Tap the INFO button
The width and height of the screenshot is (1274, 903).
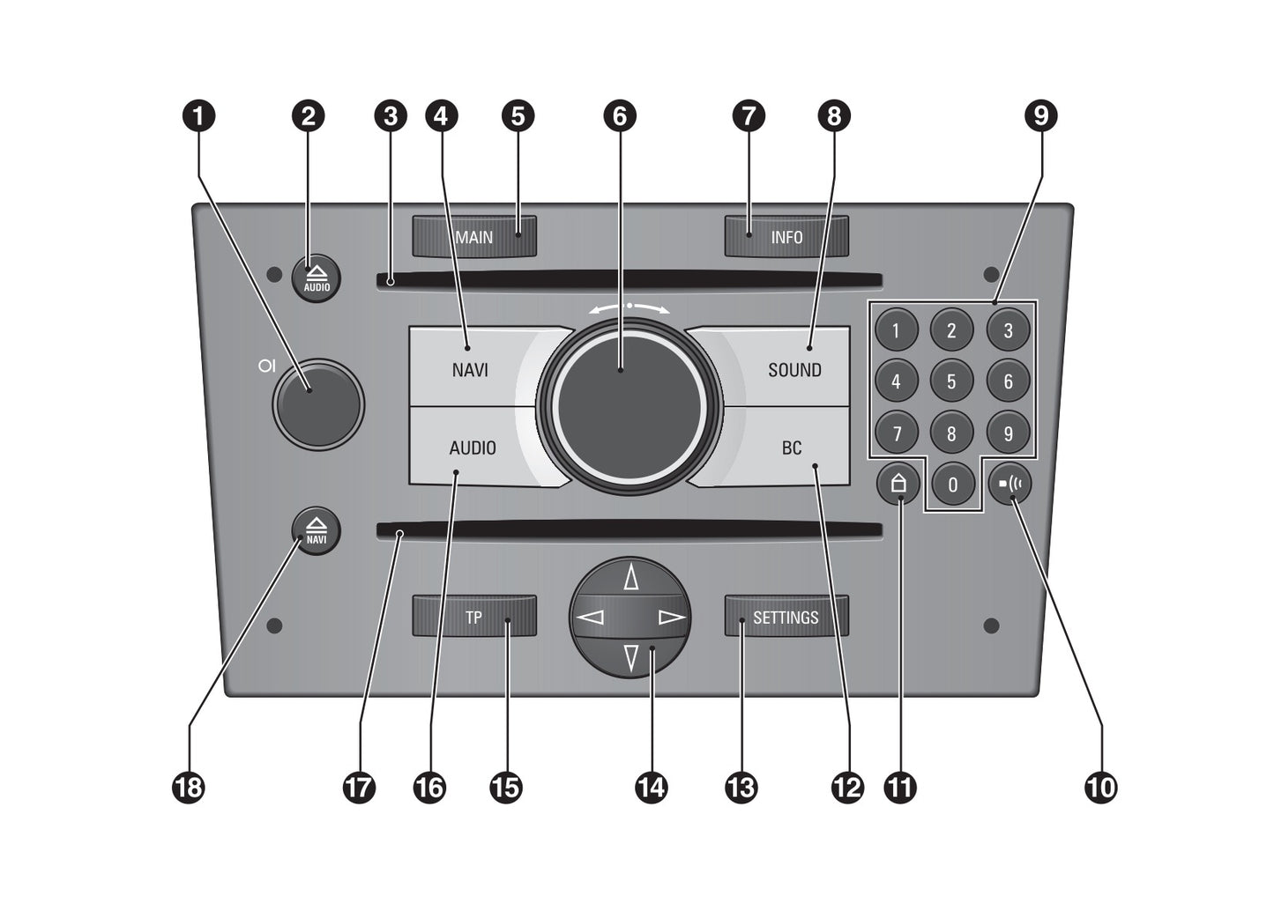tap(786, 237)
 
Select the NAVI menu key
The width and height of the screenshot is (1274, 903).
tap(470, 369)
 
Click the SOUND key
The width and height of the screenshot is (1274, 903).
tap(793, 369)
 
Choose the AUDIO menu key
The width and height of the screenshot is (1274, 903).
tap(473, 448)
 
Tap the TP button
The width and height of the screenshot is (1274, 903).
tap(474, 617)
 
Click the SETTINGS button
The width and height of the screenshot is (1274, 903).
tap(786, 617)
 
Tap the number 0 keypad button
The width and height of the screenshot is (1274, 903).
tap(952, 484)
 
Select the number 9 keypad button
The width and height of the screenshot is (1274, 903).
tap(1008, 433)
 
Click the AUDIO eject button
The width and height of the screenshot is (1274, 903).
tap(317, 279)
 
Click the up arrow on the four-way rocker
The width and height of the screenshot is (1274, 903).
tap(630, 578)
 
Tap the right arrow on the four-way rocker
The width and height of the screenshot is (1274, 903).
tap(671, 617)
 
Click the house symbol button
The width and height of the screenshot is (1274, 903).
tap(898, 484)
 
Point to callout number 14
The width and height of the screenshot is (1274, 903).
tap(651, 787)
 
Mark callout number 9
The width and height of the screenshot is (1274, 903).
tap(1041, 115)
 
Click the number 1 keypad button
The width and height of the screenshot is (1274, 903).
tap(896, 330)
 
